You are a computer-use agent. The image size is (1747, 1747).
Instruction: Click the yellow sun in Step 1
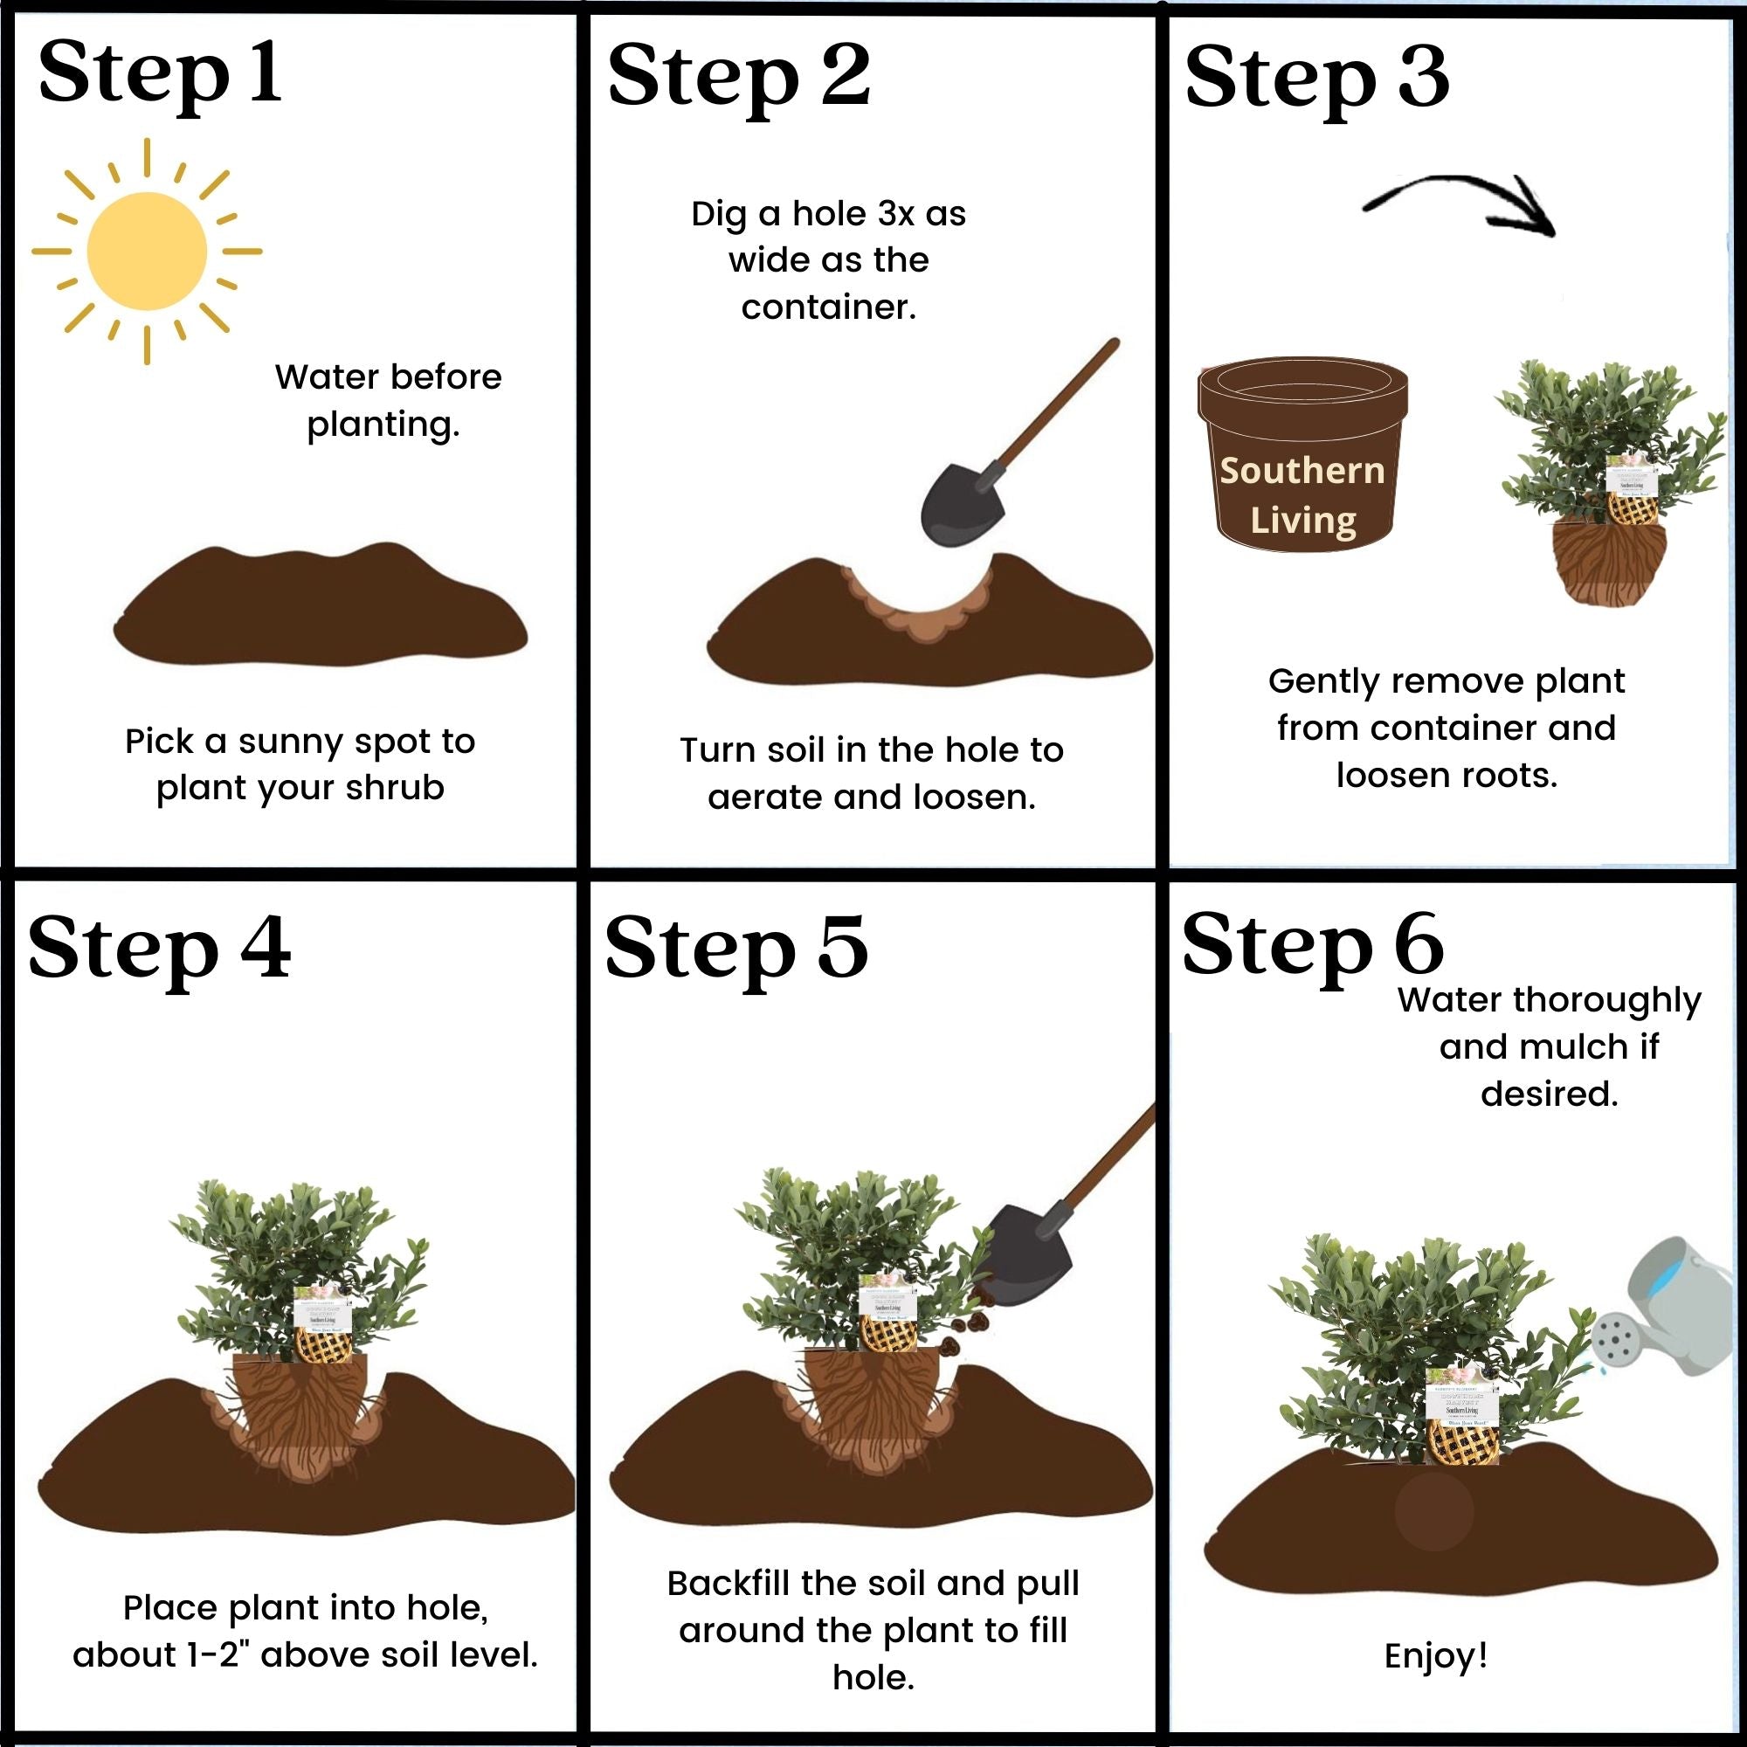tap(147, 252)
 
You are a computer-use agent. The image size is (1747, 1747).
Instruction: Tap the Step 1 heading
tap(160, 74)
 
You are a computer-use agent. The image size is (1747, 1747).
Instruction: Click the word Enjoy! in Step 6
tap(1436, 1655)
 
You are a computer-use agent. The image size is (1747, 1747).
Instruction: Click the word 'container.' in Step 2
tap(828, 307)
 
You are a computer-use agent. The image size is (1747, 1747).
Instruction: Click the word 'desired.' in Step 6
tap(1549, 1094)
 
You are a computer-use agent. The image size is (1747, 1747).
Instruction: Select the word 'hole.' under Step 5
tap(873, 1677)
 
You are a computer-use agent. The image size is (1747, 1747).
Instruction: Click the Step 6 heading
tap(1312, 945)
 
